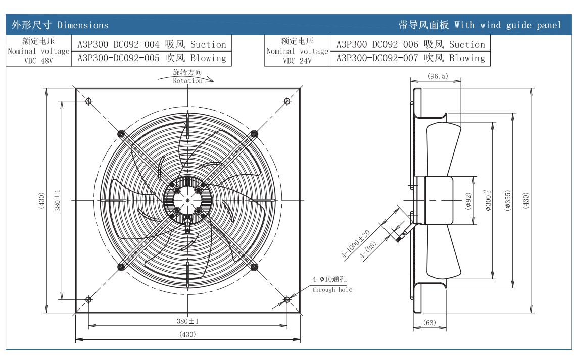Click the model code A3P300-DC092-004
[118, 44]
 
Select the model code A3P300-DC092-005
[118, 58]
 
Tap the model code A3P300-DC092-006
[377, 44]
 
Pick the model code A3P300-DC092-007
[377, 58]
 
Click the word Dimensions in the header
[83, 25]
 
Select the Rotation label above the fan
[187, 80]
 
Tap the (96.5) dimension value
[438, 76]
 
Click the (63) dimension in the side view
[429, 322]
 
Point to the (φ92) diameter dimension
[468, 200]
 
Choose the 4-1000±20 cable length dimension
[356, 244]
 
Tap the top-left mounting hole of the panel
[88, 101]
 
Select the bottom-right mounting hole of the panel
[286, 299]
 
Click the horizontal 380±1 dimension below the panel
[187, 321]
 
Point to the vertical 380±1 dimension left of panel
[58, 200]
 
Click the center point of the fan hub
[187, 200]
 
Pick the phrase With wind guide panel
[508, 25]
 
